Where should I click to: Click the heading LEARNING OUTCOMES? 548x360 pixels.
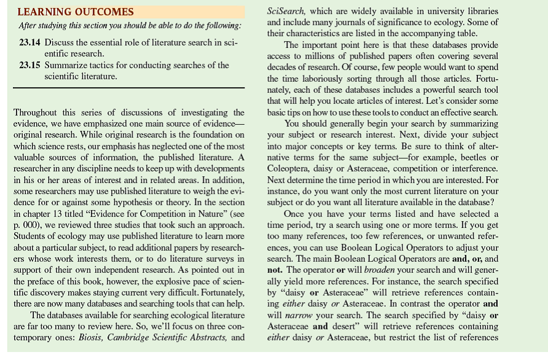tap(75, 12)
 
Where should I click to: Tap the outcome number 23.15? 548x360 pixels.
tap(31, 65)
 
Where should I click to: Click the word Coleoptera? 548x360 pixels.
tap(289, 168)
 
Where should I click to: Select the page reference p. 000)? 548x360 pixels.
tap(27, 226)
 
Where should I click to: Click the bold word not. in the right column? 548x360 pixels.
tap(275, 270)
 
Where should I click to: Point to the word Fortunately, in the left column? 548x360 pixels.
tap(214, 293)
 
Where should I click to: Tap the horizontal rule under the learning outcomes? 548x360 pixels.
tap(128, 89)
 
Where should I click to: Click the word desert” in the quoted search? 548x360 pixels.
tap(350, 327)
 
